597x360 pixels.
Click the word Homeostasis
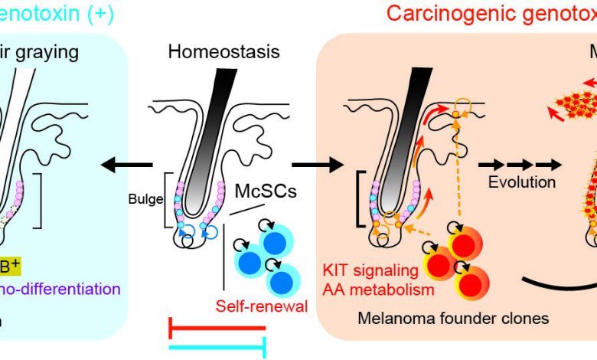224,53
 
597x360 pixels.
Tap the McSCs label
265,191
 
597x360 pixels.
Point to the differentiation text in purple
65,289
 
